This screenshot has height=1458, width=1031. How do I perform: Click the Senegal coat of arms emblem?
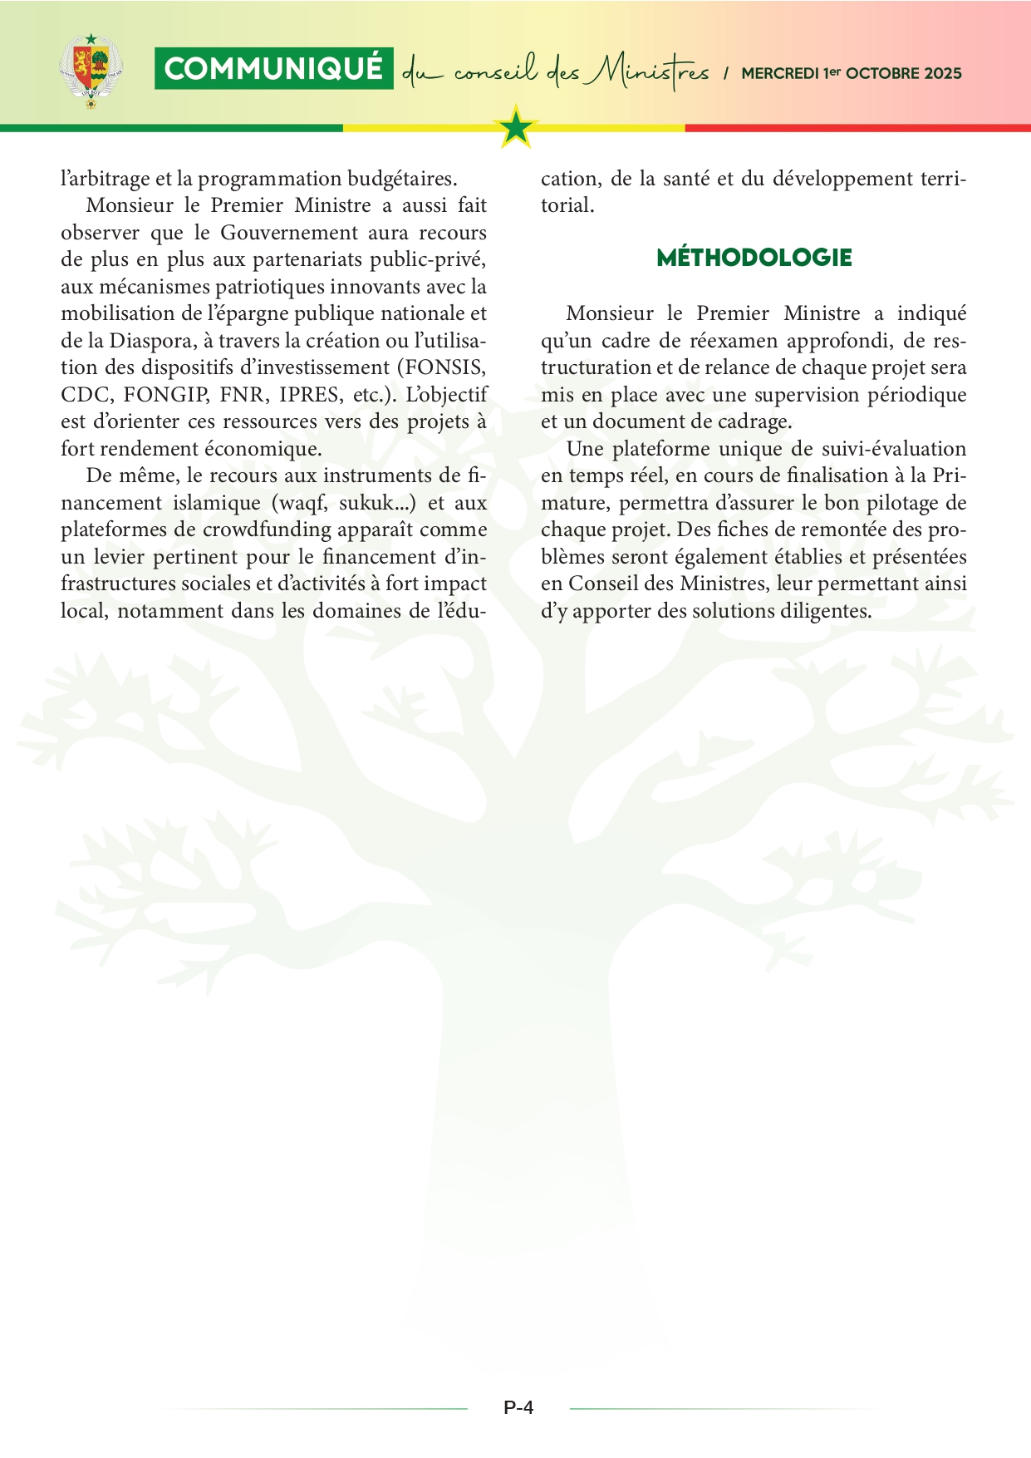91,71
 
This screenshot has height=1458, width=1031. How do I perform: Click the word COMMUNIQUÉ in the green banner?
273,69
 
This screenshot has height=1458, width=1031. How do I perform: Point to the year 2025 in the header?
943,73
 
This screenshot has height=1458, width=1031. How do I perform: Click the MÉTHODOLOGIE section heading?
754,258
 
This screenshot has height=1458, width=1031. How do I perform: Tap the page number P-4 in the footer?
518,1407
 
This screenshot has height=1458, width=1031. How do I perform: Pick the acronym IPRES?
309,394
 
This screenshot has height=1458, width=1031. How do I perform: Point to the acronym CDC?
85,394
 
